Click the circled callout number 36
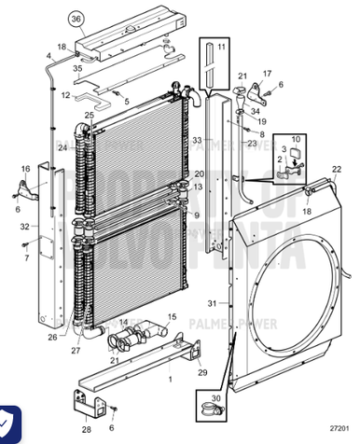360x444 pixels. (x=76, y=18)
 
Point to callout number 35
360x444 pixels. (x=78, y=68)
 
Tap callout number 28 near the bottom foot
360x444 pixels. (x=86, y=429)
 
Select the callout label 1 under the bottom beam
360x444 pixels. (x=170, y=380)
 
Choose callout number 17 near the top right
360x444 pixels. (x=266, y=74)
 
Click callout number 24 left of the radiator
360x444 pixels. (x=62, y=146)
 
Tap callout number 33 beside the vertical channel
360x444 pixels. (x=197, y=140)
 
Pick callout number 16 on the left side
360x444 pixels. (x=26, y=169)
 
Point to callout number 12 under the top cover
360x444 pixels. (x=65, y=95)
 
